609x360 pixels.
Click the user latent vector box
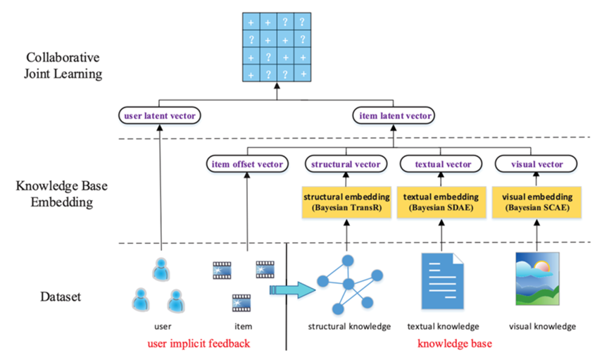[x=160, y=116]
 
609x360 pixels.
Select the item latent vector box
[x=394, y=116]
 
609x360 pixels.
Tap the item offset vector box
[x=247, y=164]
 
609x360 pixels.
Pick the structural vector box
[x=346, y=164]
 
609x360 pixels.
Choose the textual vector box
[x=441, y=164]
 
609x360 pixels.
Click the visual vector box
[x=536, y=164]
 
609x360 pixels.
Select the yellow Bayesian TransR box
[x=346, y=202]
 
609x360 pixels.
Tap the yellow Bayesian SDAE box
[x=441, y=202]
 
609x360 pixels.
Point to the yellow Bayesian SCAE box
[x=536, y=202]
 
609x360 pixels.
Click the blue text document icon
[x=443, y=280]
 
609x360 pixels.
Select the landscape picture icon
[x=537, y=278]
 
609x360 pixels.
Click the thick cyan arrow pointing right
[x=292, y=290]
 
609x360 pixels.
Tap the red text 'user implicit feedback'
[x=199, y=344]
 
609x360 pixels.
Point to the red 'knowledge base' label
[x=454, y=344]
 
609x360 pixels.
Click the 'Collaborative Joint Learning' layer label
[x=63, y=66]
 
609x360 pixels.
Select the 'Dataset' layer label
[x=61, y=297]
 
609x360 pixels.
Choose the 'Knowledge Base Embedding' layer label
[x=62, y=194]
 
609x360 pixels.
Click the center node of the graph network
[x=349, y=284]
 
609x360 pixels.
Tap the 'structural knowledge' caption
[x=349, y=327]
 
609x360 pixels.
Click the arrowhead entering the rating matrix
[x=277, y=86]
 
